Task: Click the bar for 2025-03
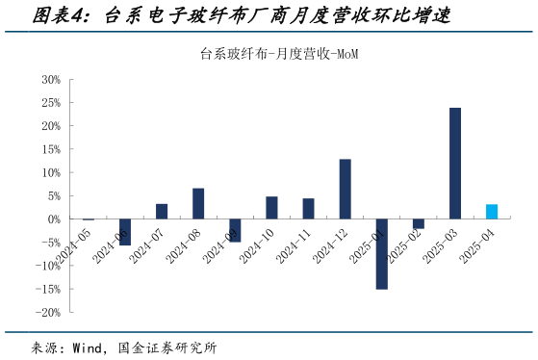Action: tap(454, 164)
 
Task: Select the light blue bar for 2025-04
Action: tap(491, 212)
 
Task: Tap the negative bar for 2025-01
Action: tap(381, 254)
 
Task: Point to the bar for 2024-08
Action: tap(198, 203)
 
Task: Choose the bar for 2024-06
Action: tap(124, 232)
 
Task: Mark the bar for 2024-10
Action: tap(271, 208)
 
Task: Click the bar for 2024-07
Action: tap(162, 212)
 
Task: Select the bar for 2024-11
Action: tap(308, 209)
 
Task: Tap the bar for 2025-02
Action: tap(418, 224)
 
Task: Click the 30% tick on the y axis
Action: tap(51, 79)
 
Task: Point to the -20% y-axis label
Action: tap(49, 313)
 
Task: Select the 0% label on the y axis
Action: tap(54, 219)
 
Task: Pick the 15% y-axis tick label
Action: tap(51, 149)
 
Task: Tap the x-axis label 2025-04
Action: tap(478, 247)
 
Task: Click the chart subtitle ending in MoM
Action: tap(268, 55)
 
